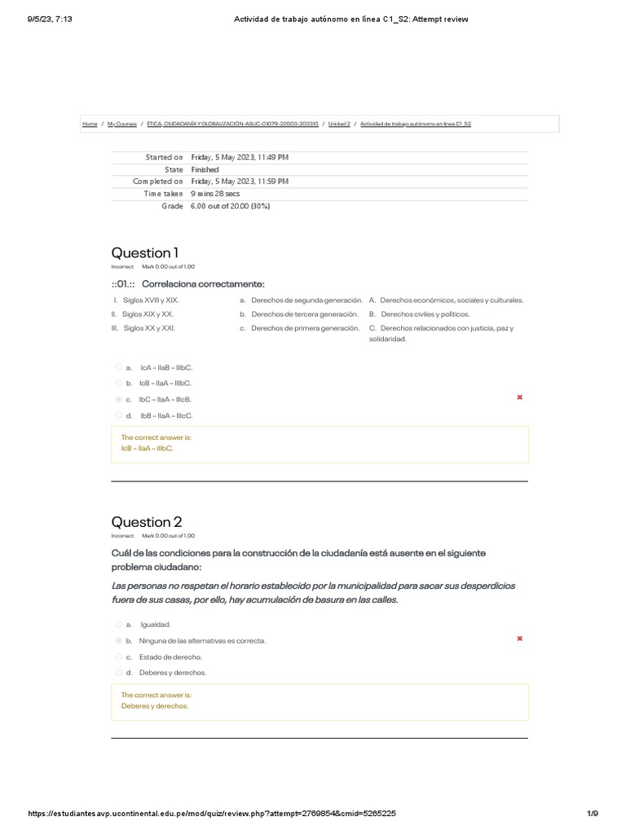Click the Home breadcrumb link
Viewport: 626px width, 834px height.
(89, 124)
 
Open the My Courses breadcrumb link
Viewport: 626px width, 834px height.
(121, 124)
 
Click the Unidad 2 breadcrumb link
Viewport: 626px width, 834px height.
(339, 124)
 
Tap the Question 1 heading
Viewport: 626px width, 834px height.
(146, 252)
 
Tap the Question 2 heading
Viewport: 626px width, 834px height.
(146, 522)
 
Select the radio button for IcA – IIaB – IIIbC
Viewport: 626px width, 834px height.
(119, 367)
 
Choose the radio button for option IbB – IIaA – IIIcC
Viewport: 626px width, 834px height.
(119, 415)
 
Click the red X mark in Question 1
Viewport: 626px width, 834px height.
(520, 397)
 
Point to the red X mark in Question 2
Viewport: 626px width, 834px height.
(520, 639)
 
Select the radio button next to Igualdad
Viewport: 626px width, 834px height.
(119, 625)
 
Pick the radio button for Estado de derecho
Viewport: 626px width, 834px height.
(119, 656)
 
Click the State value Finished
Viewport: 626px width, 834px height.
(205, 169)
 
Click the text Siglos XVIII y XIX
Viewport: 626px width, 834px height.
(151, 300)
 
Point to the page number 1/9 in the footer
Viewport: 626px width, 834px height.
(593, 814)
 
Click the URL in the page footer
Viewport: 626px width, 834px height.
(212, 814)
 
